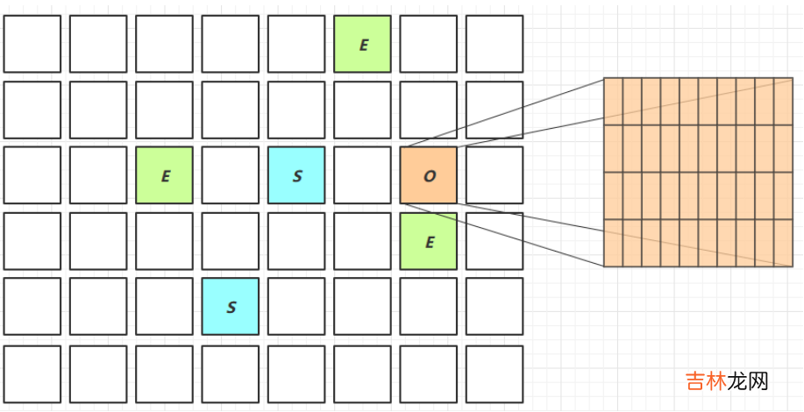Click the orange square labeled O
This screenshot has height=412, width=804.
[429, 175]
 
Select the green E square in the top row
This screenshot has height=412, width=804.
[362, 44]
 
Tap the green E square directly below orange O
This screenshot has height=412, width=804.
[429, 241]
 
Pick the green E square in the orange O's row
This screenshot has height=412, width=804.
[164, 175]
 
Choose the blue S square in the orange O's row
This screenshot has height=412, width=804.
[296, 175]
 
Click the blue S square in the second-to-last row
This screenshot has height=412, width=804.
[231, 307]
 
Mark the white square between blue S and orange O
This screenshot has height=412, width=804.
[362, 175]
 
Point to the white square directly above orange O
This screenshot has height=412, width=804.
[429, 110]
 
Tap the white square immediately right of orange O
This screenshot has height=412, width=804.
[494, 175]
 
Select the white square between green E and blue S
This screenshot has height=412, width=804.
[231, 175]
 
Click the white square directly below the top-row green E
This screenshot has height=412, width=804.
[362, 110]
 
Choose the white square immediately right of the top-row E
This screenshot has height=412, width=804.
[429, 44]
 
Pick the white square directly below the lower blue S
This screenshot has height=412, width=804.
[231, 373]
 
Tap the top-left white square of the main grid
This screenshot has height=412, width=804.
[32, 44]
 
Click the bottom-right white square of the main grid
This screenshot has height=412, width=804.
[494, 373]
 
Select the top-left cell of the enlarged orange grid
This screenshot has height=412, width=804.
[613, 102]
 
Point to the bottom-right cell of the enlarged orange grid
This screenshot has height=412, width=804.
[783, 243]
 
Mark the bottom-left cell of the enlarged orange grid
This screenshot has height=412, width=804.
[613, 243]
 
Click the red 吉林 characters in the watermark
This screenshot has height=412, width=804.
[705, 381]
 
